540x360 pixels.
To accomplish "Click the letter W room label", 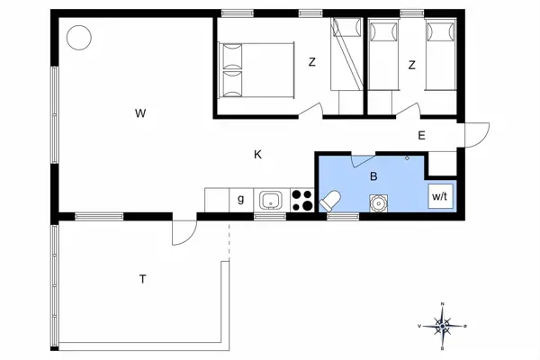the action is (139, 113).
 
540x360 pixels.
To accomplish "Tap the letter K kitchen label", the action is (257, 155).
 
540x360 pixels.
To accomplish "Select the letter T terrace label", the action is (142, 279).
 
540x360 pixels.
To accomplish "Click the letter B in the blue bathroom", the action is (373, 177).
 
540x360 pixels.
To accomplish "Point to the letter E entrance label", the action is (420, 136).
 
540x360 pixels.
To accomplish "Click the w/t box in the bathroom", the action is (439, 195).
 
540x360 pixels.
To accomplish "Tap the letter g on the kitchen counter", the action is (240, 200).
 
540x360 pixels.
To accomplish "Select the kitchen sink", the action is (271, 200).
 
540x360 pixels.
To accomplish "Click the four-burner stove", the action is (301, 200).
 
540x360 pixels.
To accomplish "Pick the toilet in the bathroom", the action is (330, 201).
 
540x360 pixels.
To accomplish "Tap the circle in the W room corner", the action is (79, 38).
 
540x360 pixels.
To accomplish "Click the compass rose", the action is (443, 324).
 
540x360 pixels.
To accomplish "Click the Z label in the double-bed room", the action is (312, 63).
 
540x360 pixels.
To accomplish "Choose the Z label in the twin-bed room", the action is (411, 65).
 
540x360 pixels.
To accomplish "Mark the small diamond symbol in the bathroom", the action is (408, 158).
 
